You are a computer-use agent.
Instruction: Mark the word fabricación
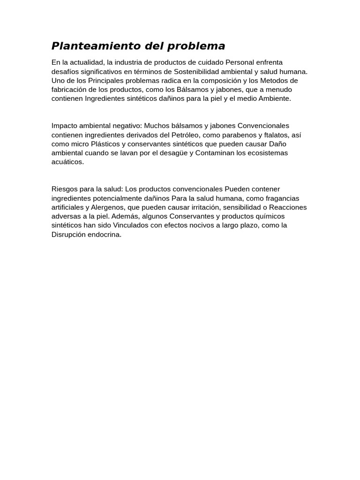(x=69, y=90)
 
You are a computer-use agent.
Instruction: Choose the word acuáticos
(x=67, y=162)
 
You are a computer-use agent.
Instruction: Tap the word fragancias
(x=280, y=198)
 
